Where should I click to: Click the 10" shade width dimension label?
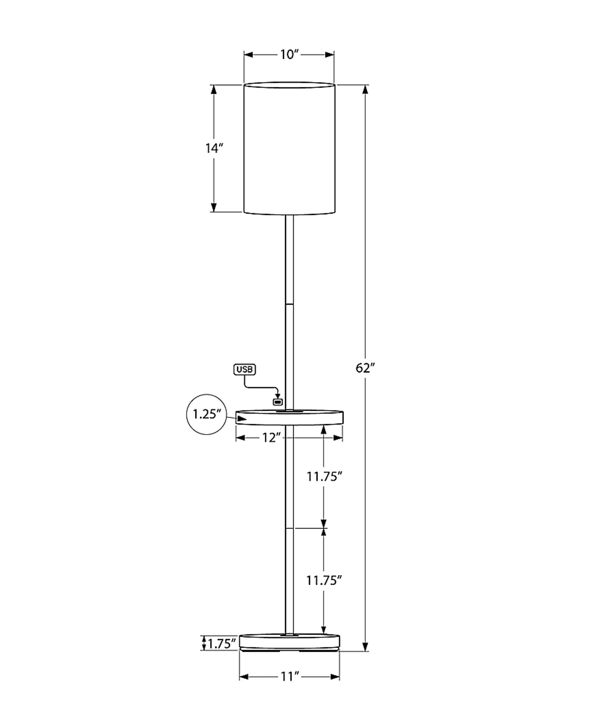pyautogui.click(x=289, y=55)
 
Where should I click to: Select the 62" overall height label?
pyautogui.click(x=365, y=368)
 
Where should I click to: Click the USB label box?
pyautogui.click(x=245, y=370)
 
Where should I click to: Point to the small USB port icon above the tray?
pyautogui.click(x=278, y=402)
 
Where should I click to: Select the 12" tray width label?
pyautogui.click(x=271, y=438)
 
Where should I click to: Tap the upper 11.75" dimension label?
pyautogui.click(x=324, y=477)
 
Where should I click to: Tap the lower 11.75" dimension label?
pyautogui.click(x=324, y=580)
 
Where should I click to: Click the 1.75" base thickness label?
pyautogui.click(x=222, y=644)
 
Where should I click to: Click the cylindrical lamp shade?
pyautogui.click(x=289, y=148)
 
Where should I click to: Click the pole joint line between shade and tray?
pyautogui.click(x=289, y=303)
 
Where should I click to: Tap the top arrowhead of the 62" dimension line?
pyautogui.click(x=365, y=89)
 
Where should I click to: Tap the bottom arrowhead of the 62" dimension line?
pyautogui.click(x=365, y=646)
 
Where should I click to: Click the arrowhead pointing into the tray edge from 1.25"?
pyautogui.click(x=241, y=418)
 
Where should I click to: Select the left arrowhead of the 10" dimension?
pyautogui.click(x=248, y=55)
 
